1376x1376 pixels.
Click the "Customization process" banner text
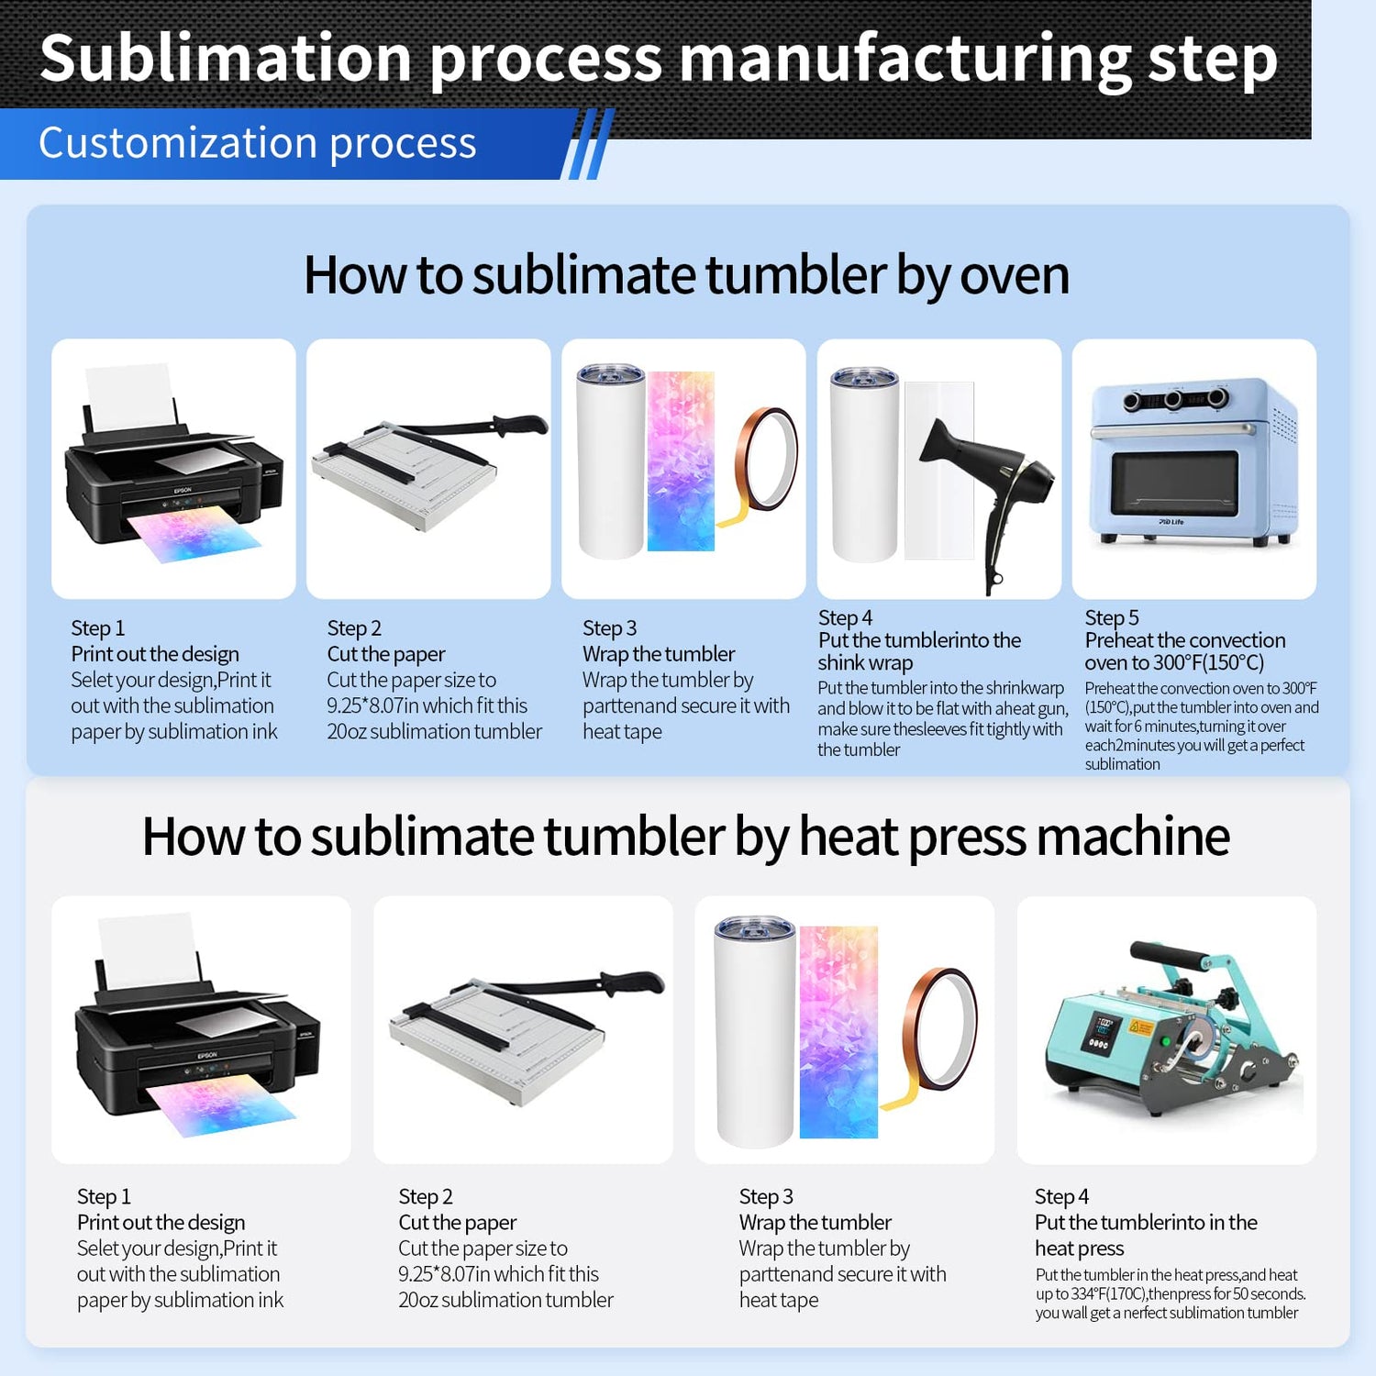point(258,143)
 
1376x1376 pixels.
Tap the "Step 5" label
point(1111,617)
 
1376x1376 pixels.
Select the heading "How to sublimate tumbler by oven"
point(686,274)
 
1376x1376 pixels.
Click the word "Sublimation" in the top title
point(225,58)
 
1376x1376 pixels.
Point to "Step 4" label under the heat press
point(1061,1196)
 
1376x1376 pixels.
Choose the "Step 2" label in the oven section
point(354,628)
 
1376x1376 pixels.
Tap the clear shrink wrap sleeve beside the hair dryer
point(938,470)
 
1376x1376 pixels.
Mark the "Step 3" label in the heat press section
point(766,1196)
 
